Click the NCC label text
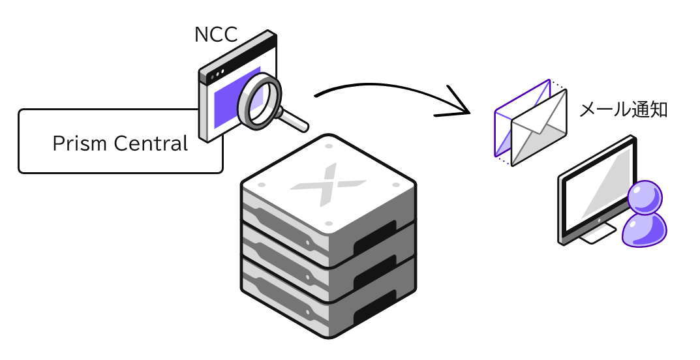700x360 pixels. (215, 35)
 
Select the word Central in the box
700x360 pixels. (153, 143)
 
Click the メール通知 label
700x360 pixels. (623, 109)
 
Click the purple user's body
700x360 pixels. (645, 230)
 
